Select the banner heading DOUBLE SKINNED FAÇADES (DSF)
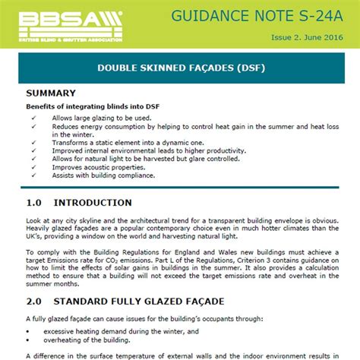[180, 68]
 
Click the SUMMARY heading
[51, 93]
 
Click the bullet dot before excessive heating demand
[28, 331]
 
